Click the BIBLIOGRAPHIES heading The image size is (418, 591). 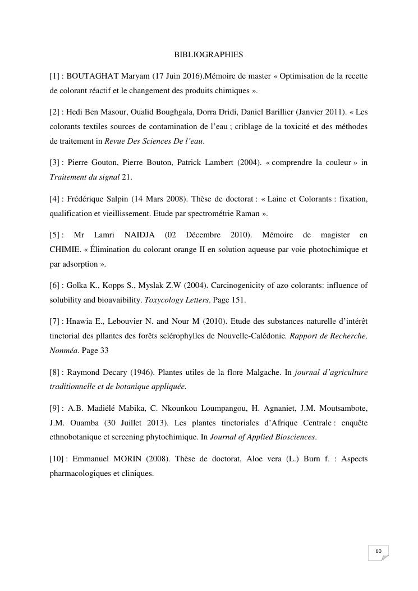tap(209, 55)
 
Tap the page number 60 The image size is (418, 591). tap(378, 551)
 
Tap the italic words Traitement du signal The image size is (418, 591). tap(84, 177)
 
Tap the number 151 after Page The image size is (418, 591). tap(238, 300)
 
